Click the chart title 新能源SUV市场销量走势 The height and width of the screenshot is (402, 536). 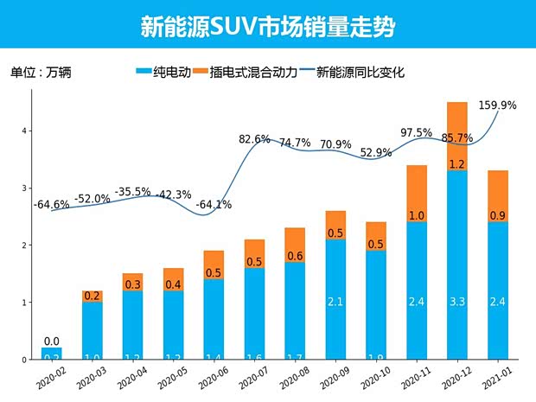pyautogui.click(x=267, y=25)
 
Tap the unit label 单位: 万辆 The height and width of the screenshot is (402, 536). pyautogui.click(x=41, y=73)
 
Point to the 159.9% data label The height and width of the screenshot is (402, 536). pyautogui.click(x=496, y=105)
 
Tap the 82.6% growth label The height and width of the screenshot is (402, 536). pyautogui.click(x=255, y=138)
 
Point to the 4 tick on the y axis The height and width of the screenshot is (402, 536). pyautogui.click(x=25, y=131)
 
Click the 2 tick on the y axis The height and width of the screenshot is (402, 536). pyautogui.click(x=25, y=246)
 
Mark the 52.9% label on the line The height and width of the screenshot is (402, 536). pyautogui.click(x=376, y=153)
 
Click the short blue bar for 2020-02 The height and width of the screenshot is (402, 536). pyautogui.click(x=52, y=353)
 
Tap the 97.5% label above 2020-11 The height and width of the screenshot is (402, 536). pyautogui.click(x=417, y=132)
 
